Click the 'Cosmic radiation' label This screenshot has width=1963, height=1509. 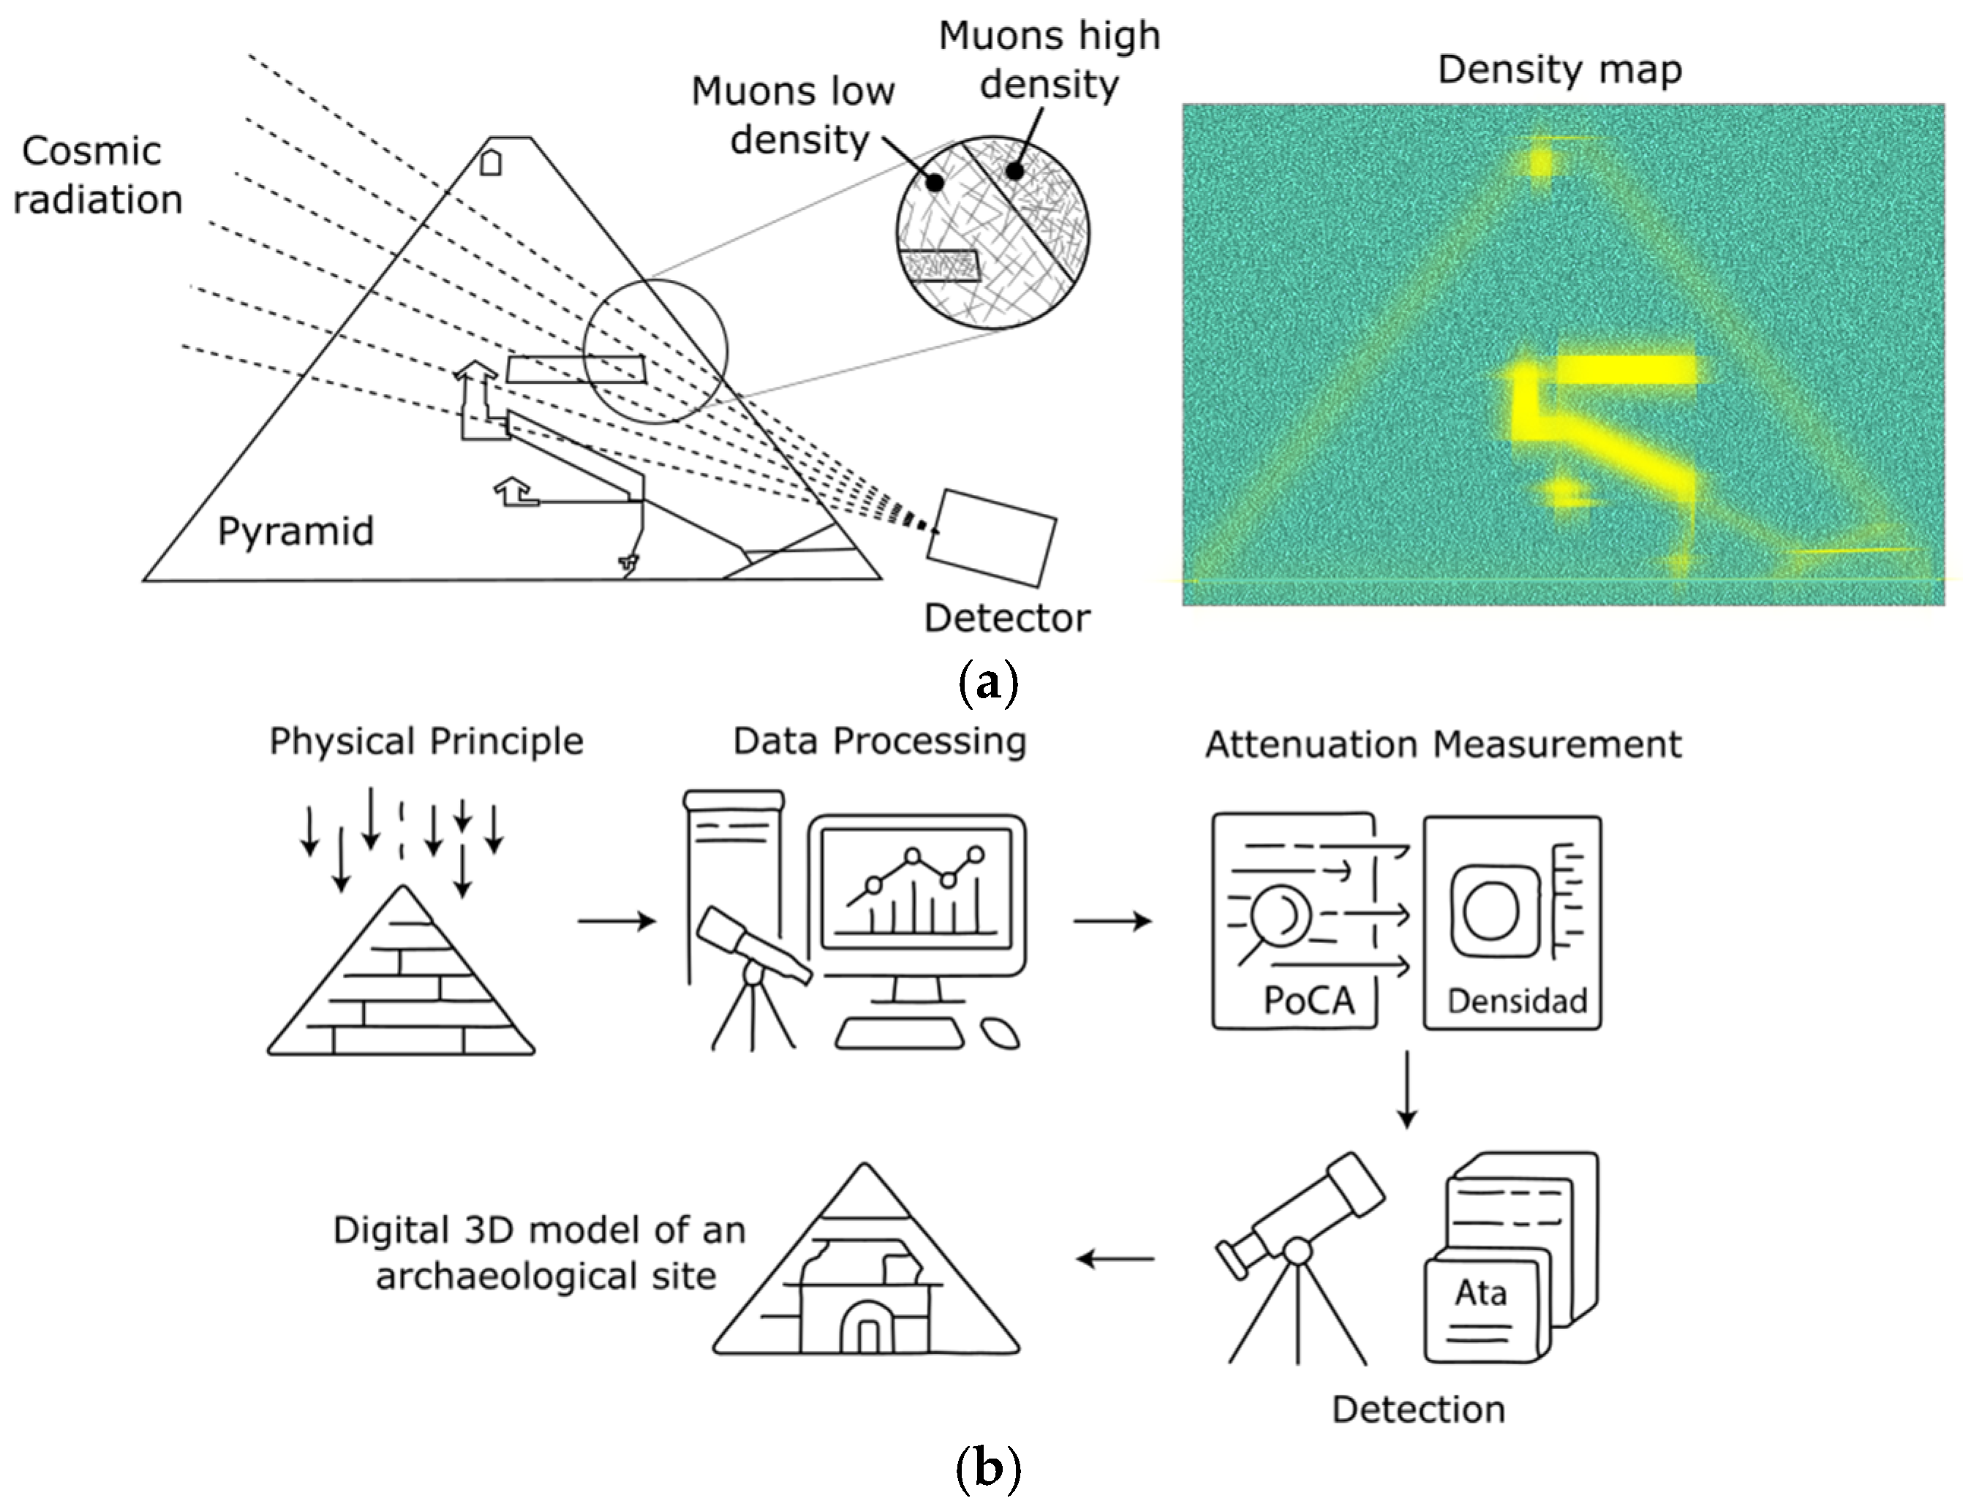[97, 175]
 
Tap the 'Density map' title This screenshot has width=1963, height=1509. [1559, 70]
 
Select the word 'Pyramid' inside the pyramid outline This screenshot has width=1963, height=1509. [295, 532]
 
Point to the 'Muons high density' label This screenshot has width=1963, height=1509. [1050, 59]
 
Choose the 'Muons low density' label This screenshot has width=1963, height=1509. [794, 115]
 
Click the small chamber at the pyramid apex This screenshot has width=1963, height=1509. [491, 162]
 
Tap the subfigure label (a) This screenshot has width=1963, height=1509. [988, 683]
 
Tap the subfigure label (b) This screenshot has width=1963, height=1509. [988, 1469]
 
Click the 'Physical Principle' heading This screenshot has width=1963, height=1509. [426, 742]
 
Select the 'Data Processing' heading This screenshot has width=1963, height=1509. [880, 742]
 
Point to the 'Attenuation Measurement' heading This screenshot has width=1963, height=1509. [1443, 744]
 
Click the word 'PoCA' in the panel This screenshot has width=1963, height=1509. [1309, 999]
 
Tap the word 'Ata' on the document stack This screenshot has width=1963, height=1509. [1480, 1293]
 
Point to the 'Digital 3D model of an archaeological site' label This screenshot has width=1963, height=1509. [539, 1253]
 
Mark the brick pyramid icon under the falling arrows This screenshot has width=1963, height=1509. [401, 971]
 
